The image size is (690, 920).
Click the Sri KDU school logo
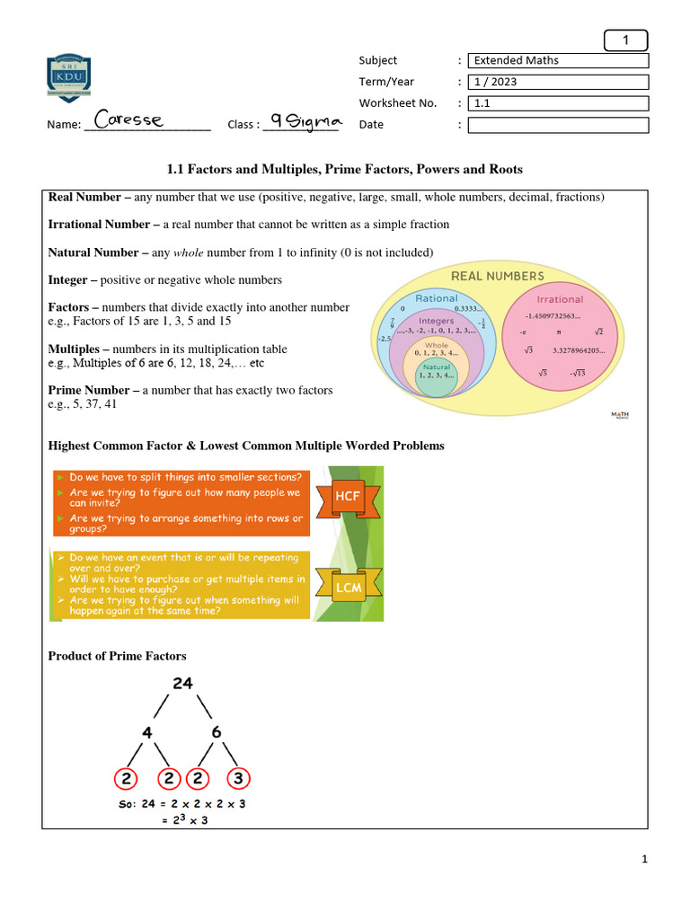[x=68, y=79]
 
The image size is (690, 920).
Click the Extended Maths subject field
[x=559, y=60]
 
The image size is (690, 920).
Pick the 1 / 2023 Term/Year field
[x=559, y=82]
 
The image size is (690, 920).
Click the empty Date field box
[x=559, y=125]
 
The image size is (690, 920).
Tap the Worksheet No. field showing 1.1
[x=559, y=103]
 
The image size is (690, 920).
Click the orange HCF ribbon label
[x=348, y=496]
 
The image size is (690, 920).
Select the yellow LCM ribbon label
[x=348, y=588]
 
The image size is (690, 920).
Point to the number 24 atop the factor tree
[x=182, y=683]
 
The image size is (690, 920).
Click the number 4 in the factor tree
[x=147, y=732]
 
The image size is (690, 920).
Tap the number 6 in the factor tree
[x=217, y=732]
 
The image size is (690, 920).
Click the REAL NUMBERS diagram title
[x=497, y=276]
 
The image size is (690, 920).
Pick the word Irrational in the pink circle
[x=560, y=299]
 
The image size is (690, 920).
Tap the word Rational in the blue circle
[x=437, y=298]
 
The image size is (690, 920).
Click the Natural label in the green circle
[x=436, y=367]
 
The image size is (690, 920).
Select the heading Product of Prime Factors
[x=117, y=657]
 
